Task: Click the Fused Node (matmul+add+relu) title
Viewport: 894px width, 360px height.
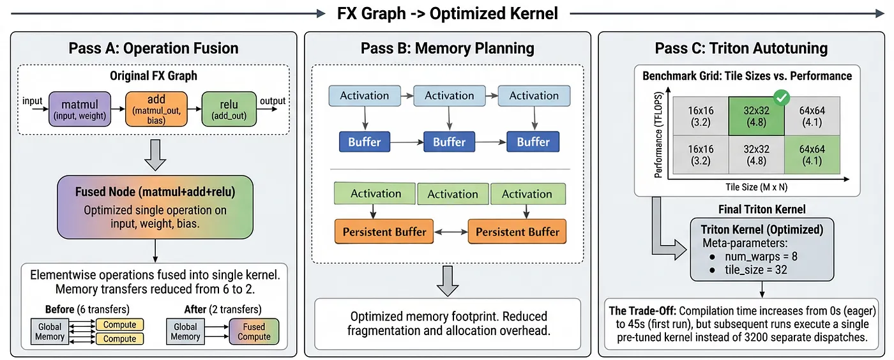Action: (155, 191)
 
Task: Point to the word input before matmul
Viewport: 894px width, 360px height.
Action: (33, 101)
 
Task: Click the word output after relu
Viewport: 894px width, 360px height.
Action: (273, 101)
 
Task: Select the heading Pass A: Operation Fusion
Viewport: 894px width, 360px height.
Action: (153, 49)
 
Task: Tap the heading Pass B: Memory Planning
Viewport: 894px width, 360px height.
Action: (448, 49)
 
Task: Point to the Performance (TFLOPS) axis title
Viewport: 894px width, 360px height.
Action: (658, 137)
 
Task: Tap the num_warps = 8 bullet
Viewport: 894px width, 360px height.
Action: (748, 256)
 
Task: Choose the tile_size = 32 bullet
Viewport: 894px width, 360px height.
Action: (745, 269)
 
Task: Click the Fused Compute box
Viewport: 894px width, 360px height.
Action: (254, 331)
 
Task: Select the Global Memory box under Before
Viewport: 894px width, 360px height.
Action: (50, 331)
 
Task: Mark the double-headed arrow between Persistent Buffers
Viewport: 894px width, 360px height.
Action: (450, 232)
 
